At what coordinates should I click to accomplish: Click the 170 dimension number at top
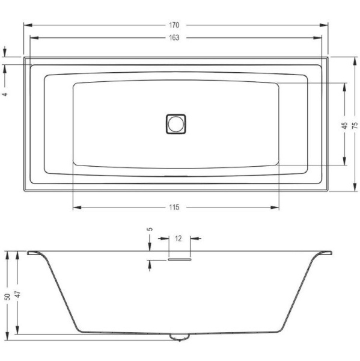(x=175, y=25)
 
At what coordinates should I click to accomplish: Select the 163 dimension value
(x=175, y=37)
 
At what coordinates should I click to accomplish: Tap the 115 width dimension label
(x=175, y=208)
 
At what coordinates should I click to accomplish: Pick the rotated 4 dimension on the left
(x=5, y=94)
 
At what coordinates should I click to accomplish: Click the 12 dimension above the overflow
(x=178, y=238)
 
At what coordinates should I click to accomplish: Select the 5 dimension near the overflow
(x=150, y=229)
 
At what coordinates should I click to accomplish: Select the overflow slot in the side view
(x=179, y=260)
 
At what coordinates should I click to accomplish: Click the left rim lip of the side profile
(x=35, y=253)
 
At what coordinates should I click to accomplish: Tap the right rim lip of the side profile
(x=324, y=253)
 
